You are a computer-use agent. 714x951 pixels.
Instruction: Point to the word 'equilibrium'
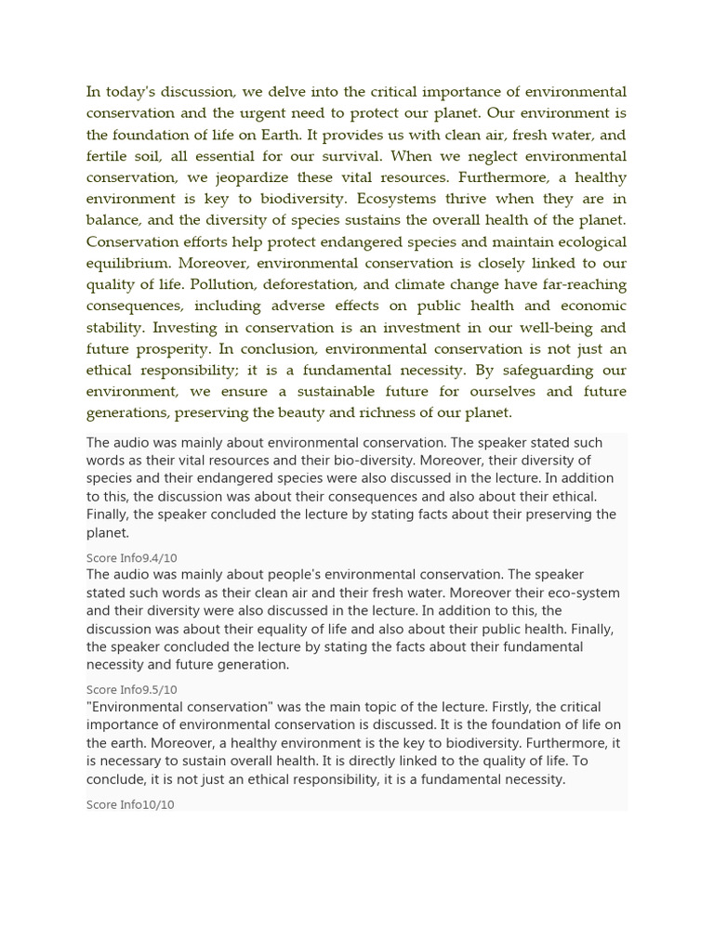coord(128,263)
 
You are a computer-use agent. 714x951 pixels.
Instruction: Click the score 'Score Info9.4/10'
coord(131,558)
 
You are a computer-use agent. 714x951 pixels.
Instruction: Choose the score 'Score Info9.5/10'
coord(131,690)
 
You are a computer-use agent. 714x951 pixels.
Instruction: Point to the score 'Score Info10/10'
coord(130,804)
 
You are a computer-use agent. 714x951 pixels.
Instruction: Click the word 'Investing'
coord(183,328)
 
